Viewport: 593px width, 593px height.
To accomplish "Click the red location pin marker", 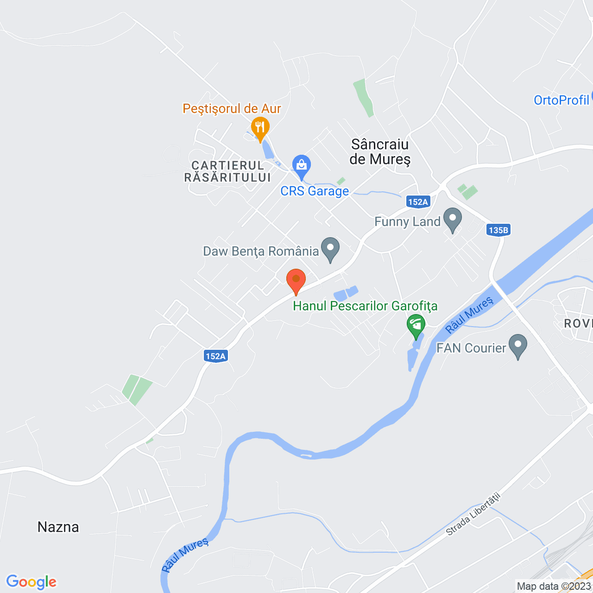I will pos(296,280).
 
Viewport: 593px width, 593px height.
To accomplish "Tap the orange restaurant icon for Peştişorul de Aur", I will pos(260,127).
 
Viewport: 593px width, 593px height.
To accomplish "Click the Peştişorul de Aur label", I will pos(232,108).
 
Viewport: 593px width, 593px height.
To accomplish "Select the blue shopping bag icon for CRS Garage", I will pos(301,165).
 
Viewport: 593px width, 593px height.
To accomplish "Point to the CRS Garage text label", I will pos(315,191).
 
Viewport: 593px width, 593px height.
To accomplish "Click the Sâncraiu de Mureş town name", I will pos(380,151).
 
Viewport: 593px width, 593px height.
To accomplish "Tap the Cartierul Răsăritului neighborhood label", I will pos(227,171).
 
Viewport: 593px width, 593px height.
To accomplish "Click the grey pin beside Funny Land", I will pos(453,218).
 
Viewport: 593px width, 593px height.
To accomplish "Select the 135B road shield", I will pos(498,230).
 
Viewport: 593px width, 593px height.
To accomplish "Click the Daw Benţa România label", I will pos(261,252).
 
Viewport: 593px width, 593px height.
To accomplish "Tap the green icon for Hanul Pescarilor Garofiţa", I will pos(416,325).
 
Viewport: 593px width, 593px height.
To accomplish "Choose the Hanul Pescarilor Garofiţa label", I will pos(365,306).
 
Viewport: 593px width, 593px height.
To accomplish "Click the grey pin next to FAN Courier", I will pos(517,345).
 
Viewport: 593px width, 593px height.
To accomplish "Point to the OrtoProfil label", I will pos(561,100).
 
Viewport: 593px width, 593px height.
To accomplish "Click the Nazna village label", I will pos(58,527).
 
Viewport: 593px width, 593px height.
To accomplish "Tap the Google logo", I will pos(32,582).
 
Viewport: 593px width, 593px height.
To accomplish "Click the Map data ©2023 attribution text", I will pos(554,586).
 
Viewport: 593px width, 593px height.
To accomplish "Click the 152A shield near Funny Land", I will pos(418,202).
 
